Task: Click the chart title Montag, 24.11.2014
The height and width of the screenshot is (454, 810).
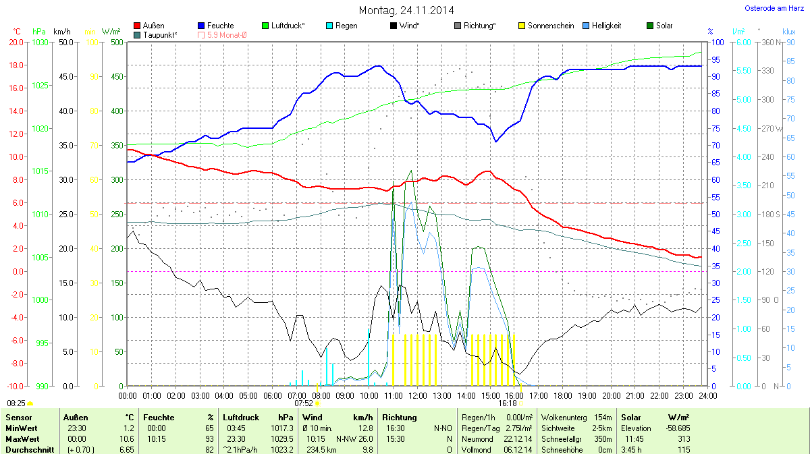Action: pyautogui.click(x=406, y=10)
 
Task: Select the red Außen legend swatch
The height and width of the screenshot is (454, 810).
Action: pyautogui.click(x=137, y=26)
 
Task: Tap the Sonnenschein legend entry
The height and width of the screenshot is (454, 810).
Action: pyautogui.click(x=546, y=26)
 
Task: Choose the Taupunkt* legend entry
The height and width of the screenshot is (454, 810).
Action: pyautogui.click(x=160, y=34)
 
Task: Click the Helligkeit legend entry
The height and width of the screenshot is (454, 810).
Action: pyautogui.click(x=606, y=26)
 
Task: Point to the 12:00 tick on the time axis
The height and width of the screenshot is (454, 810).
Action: pyautogui.click(x=418, y=395)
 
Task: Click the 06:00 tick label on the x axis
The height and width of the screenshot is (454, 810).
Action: pyautogui.click(x=273, y=395)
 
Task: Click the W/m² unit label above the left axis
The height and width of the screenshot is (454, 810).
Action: pyautogui.click(x=111, y=32)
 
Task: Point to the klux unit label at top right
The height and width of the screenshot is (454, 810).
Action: pyautogui.click(x=788, y=32)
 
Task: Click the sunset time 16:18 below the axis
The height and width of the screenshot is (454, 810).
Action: pyautogui.click(x=508, y=403)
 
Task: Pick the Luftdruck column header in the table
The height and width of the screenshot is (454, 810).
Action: pyautogui.click(x=240, y=418)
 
